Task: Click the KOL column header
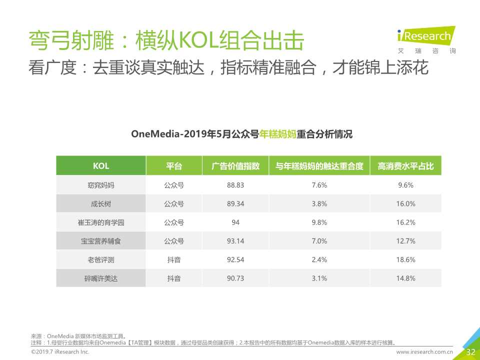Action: [x=100, y=166]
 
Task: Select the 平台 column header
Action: [x=174, y=166]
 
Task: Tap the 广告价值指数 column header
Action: [x=235, y=166]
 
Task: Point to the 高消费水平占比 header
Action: [x=405, y=166]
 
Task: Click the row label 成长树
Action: [x=100, y=203]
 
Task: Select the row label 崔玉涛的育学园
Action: [x=100, y=222]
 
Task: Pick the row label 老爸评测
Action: [x=100, y=259]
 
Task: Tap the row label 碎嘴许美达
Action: [x=100, y=278]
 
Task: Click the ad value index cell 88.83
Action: [x=235, y=185]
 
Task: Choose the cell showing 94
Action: [x=235, y=222]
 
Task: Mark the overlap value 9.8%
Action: [x=319, y=222]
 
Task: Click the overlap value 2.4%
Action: [x=319, y=259]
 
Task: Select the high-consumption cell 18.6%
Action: [x=405, y=259]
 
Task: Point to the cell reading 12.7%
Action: [x=405, y=241]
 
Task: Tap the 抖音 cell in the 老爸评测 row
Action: [x=174, y=259]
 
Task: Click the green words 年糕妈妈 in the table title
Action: [x=277, y=134]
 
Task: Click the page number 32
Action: [x=470, y=352]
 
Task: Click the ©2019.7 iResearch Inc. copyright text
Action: [x=60, y=352]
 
